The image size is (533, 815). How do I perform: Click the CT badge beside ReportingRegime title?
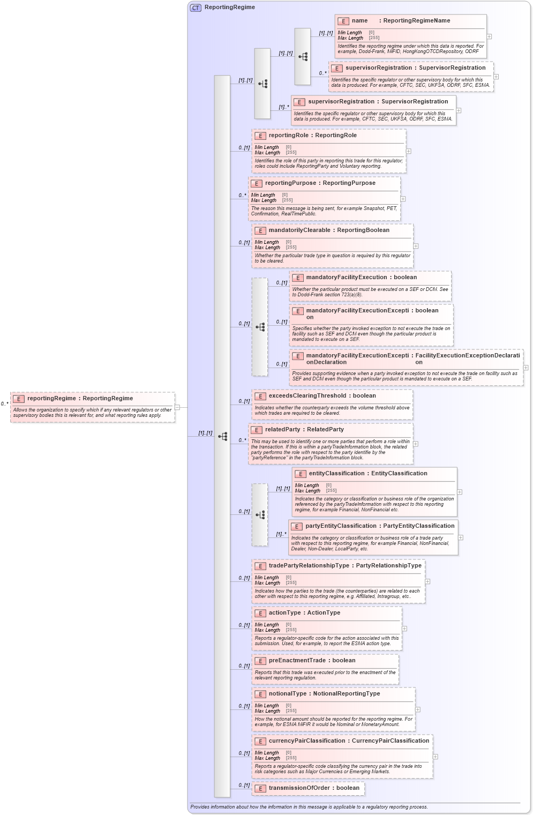point(196,8)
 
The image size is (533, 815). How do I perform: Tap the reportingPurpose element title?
point(320,183)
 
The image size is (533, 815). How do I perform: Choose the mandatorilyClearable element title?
point(329,230)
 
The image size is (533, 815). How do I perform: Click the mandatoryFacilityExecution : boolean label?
point(361,278)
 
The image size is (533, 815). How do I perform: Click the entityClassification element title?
point(367,474)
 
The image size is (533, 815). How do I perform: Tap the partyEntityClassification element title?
point(379,526)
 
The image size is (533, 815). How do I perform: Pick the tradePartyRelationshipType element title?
point(344,566)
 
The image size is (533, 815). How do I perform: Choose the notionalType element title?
point(324,694)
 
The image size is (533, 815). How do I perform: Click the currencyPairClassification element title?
point(348,741)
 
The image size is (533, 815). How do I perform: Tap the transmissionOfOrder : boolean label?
point(314,788)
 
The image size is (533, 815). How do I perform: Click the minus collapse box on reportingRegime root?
point(177,407)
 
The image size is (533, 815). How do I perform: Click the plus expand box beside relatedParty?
point(416,444)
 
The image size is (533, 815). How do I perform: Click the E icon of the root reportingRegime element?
point(19,399)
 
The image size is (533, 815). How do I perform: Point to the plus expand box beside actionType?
point(404,629)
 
